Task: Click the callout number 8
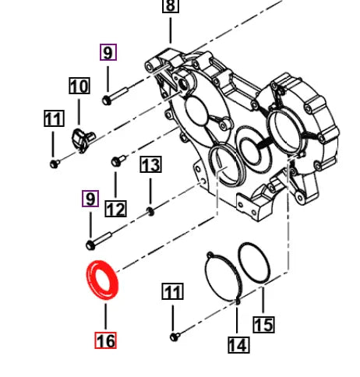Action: (x=170, y=6)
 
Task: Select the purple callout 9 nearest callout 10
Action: (x=108, y=53)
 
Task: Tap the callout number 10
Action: (x=79, y=86)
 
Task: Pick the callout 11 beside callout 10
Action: (x=53, y=119)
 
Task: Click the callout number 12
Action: (x=115, y=209)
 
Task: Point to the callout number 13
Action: (x=150, y=164)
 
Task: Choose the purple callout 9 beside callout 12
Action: (x=91, y=199)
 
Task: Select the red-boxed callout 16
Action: (x=105, y=340)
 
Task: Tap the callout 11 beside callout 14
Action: (x=172, y=293)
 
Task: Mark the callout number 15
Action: (x=264, y=324)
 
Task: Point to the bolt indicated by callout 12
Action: (x=116, y=161)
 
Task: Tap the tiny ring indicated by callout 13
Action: (x=151, y=211)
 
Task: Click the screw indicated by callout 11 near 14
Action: (x=174, y=336)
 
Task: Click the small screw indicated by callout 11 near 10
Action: (x=54, y=164)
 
